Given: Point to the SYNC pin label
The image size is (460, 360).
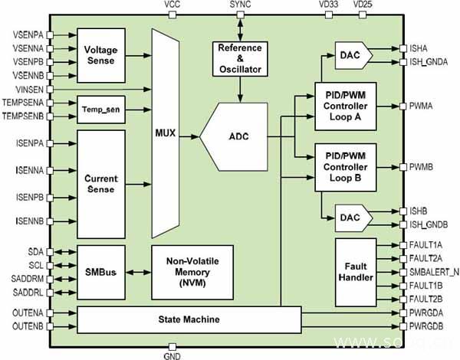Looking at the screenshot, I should click(x=241, y=5).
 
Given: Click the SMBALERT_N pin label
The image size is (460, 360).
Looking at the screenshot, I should click(x=433, y=272).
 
